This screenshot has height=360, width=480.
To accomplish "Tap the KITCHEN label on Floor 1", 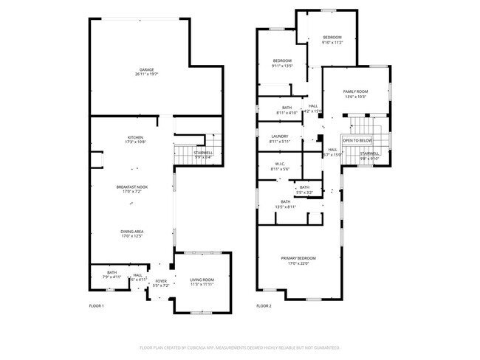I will [x=135, y=138].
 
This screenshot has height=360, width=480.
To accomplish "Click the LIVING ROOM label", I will [x=202, y=281].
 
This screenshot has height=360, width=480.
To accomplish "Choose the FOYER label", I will [x=160, y=282].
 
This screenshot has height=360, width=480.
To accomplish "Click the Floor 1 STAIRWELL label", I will [x=203, y=154].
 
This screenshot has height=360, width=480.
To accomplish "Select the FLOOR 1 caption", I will [x=97, y=305].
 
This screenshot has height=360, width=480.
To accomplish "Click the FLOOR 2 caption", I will [x=264, y=305].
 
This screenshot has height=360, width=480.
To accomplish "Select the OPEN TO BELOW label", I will [x=357, y=140].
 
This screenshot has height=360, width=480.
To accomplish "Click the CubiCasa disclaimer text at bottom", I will [x=240, y=347].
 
